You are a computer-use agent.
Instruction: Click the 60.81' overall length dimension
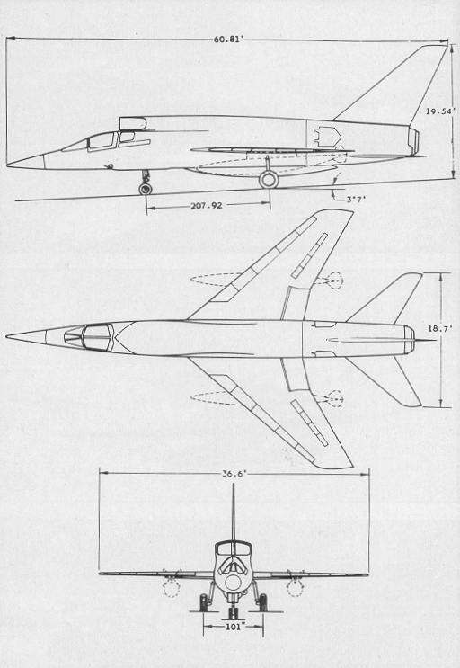click(228, 40)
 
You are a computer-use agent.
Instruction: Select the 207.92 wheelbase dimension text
click(207, 206)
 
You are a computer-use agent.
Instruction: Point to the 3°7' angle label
click(356, 199)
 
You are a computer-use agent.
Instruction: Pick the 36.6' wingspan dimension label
click(234, 474)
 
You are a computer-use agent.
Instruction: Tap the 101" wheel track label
click(234, 627)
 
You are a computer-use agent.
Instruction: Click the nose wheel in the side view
click(146, 189)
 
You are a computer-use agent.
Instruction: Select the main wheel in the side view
click(269, 179)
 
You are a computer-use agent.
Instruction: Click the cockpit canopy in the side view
click(102, 141)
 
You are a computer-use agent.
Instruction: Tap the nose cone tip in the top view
click(7, 336)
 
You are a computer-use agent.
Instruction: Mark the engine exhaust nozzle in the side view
click(413, 141)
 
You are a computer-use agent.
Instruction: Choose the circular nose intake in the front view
click(233, 583)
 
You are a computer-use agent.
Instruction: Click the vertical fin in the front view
click(233, 512)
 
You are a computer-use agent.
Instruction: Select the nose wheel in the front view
click(233, 614)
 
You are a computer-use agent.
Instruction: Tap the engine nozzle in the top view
click(410, 339)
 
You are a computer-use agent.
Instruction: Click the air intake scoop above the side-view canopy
click(133, 123)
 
